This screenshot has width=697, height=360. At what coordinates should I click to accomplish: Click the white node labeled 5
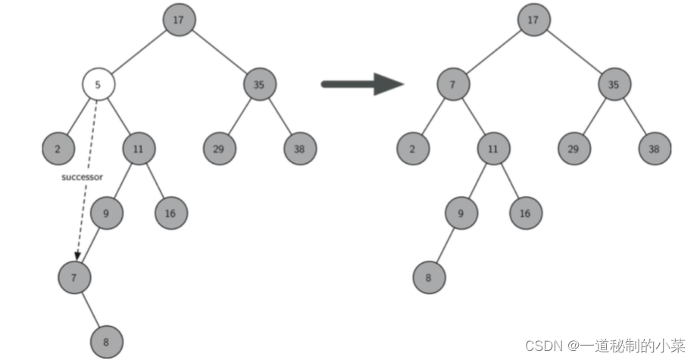click(x=98, y=84)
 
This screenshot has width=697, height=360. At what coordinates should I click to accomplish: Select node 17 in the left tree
click(x=178, y=20)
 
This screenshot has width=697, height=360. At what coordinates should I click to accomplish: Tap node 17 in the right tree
click(x=533, y=20)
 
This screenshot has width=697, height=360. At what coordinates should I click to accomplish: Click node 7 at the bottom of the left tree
click(x=73, y=277)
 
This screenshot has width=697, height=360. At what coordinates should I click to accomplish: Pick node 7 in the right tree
click(x=452, y=84)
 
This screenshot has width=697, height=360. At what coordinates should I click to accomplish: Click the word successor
click(x=82, y=177)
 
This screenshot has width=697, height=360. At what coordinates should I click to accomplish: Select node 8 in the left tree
click(x=106, y=342)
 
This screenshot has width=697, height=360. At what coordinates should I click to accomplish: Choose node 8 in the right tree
click(x=429, y=277)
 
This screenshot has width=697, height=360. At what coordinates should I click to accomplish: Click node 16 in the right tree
click(x=525, y=213)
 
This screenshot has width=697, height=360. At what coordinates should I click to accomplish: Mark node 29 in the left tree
click(x=218, y=149)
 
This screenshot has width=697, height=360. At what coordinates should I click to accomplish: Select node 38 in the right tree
click(x=654, y=149)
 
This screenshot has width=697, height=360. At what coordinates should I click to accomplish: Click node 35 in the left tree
click(x=259, y=84)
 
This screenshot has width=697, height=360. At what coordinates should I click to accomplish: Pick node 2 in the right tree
click(x=413, y=149)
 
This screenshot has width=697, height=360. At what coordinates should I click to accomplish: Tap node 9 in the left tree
click(x=106, y=213)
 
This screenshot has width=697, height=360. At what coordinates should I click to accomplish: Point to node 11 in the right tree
click(x=493, y=149)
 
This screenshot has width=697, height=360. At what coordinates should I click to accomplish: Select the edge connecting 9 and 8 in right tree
click(x=445, y=246)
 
